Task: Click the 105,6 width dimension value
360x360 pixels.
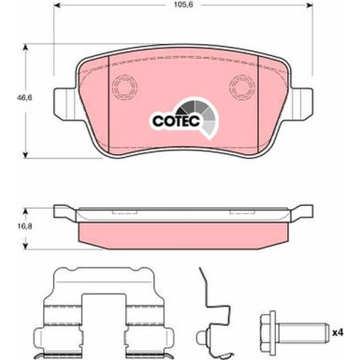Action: click(184, 5)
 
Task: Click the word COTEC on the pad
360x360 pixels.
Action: click(176, 121)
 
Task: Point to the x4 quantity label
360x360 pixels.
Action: click(338, 333)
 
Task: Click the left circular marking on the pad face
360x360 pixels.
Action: click(125, 87)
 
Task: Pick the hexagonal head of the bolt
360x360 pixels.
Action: click(269, 333)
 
